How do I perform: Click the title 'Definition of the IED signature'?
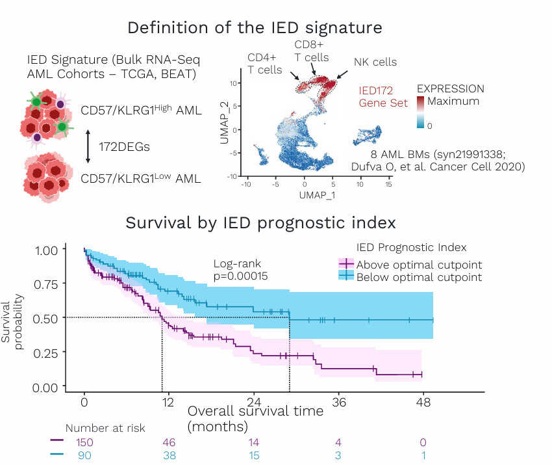[x=255, y=29]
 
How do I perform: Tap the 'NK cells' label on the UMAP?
[x=375, y=62]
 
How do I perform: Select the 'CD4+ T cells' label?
[x=264, y=64]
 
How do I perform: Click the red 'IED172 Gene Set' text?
[x=383, y=97]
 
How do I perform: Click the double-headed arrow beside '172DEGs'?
[x=88, y=146]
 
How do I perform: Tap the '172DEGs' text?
[x=124, y=147]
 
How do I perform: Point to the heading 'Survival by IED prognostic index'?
[x=260, y=222]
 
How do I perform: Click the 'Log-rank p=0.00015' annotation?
[x=241, y=270]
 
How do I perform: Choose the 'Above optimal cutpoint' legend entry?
[x=419, y=264]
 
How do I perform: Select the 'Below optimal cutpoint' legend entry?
[x=419, y=277]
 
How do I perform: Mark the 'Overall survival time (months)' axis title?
[x=255, y=419]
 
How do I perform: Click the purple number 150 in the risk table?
[x=84, y=442]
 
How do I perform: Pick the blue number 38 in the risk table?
[x=169, y=456]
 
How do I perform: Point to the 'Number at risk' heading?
[x=105, y=428]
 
